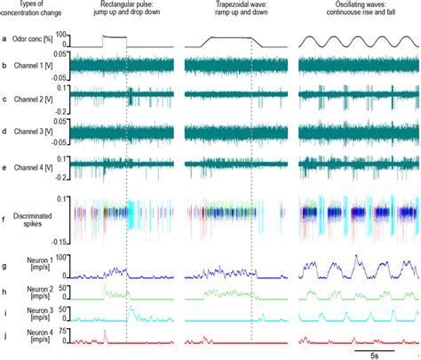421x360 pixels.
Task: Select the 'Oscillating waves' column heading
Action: [353, 9]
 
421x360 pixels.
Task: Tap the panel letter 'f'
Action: [6, 211]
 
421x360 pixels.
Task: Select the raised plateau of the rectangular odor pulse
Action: [115, 37]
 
